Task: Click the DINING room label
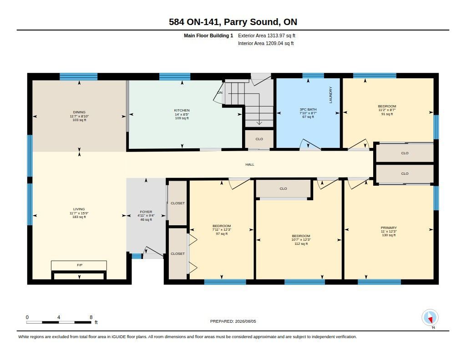click(79, 112)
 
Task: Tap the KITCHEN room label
click(182, 110)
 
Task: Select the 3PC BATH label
click(308, 109)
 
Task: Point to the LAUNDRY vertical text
click(330, 95)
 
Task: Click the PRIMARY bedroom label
click(389, 228)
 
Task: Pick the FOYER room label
click(146, 212)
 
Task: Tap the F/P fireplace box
click(79, 265)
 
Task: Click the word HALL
click(250, 164)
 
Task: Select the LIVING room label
click(79, 209)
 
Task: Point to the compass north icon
click(430, 318)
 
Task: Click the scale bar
click(59, 322)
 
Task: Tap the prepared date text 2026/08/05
click(245, 321)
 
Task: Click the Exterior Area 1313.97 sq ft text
click(267, 35)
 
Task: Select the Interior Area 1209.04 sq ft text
click(266, 43)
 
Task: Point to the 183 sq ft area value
click(79, 217)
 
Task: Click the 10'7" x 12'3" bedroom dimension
click(301, 239)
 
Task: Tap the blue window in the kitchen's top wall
click(175, 76)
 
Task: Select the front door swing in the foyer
click(152, 252)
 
